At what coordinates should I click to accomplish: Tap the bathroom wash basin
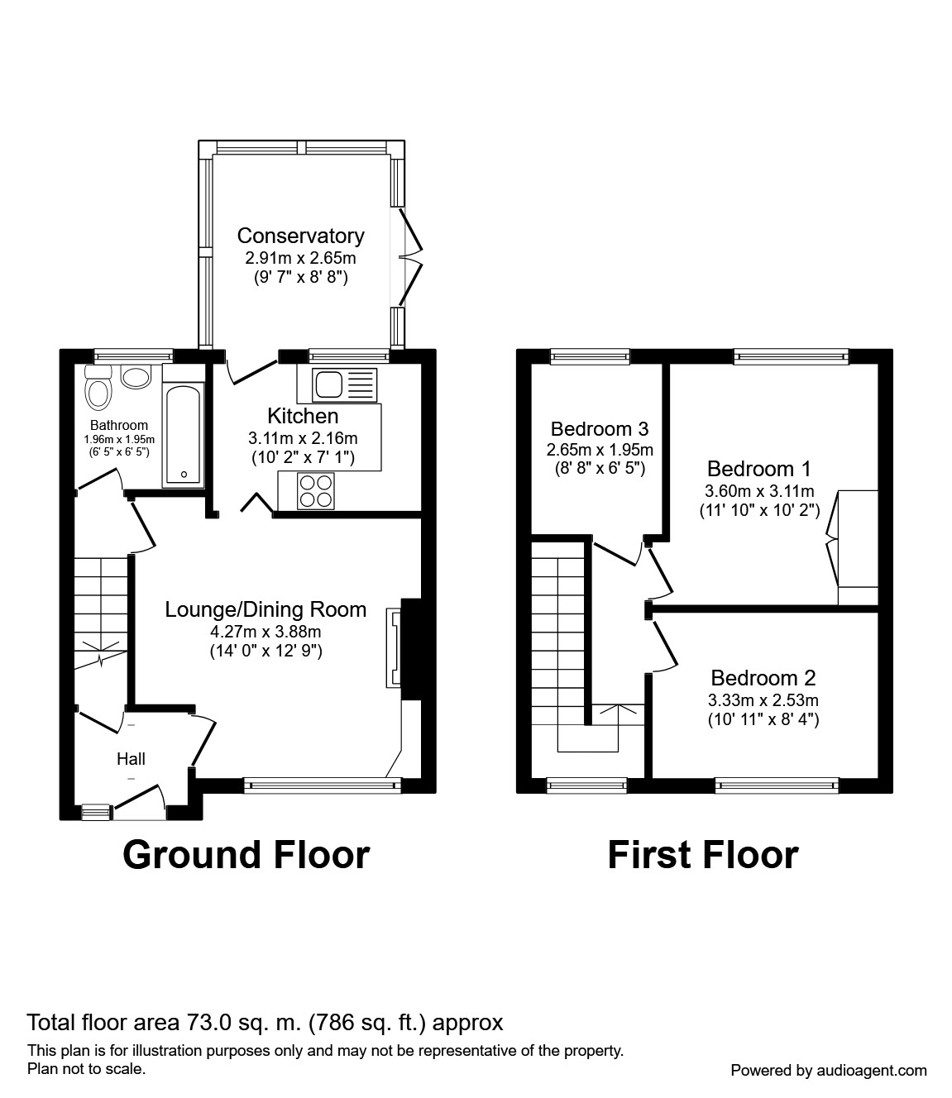tap(136, 377)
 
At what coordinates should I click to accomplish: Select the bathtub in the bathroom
tap(182, 434)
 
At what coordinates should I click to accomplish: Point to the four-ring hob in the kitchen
tap(316, 490)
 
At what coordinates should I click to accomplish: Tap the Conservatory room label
tap(300, 236)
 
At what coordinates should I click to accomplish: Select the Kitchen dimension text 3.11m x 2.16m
tap(303, 438)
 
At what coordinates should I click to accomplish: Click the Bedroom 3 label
tap(599, 429)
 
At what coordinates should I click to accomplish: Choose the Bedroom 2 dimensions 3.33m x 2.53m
tap(763, 700)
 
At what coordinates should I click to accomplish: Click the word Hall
tap(131, 758)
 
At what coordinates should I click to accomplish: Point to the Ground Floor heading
tap(246, 855)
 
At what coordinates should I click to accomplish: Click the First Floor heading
tap(702, 855)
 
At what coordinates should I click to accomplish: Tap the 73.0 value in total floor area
tap(203, 1023)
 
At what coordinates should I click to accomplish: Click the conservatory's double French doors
tap(410, 258)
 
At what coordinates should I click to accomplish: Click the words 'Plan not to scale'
tap(87, 1068)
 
